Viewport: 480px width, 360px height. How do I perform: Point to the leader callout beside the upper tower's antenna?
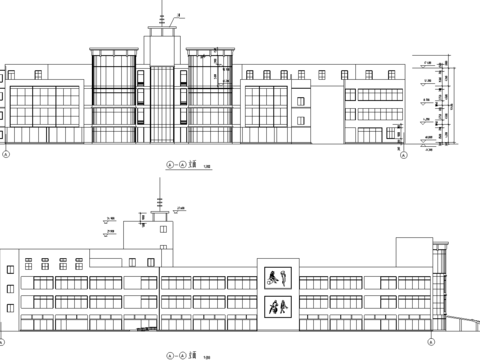click(x=176, y=16)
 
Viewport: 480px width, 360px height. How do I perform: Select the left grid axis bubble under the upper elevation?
click(x=6, y=155)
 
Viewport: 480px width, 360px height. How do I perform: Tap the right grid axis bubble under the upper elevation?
click(x=403, y=155)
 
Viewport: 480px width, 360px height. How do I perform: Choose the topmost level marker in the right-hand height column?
click(x=427, y=63)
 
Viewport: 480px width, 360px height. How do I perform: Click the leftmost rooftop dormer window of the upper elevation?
click(x=35, y=74)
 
